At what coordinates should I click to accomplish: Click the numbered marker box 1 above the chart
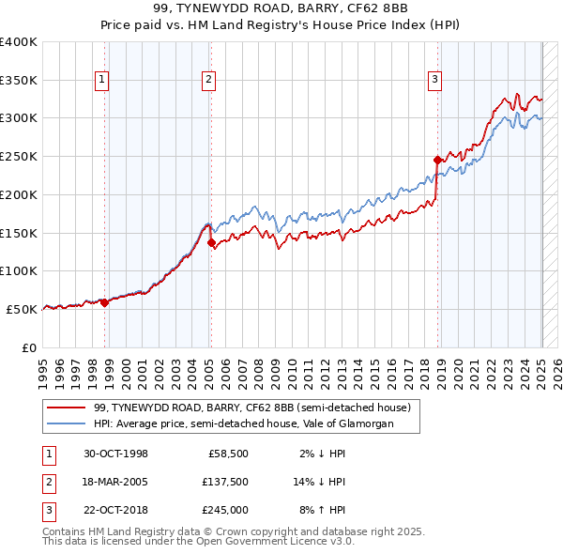(x=100, y=81)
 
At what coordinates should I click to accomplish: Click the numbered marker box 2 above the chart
(x=207, y=81)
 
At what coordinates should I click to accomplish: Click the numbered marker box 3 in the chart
(x=435, y=81)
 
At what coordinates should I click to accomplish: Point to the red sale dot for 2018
(x=437, y=161)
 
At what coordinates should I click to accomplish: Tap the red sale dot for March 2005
(x=211, y=242)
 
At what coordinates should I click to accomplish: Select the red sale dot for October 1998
(x=104, y=302)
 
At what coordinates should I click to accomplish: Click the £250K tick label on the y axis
(x=18, y=157)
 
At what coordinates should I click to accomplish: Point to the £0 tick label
(x=29, y=347)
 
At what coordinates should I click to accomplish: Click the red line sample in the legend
(x=67, y=408)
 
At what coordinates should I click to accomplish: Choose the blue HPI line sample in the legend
(x=67, y=424)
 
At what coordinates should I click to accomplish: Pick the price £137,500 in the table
(x=224, y=482)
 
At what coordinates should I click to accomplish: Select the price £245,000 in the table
(x=224, y=510)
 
